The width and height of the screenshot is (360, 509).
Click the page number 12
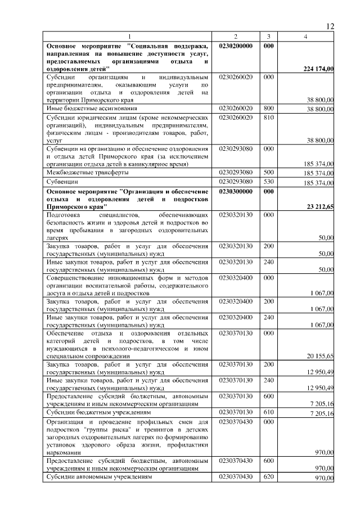point(330,26)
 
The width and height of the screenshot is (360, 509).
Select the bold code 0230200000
point(236,45)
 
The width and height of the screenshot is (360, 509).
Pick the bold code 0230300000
point(236,191)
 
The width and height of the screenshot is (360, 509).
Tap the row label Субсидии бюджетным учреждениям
point(95,412)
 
